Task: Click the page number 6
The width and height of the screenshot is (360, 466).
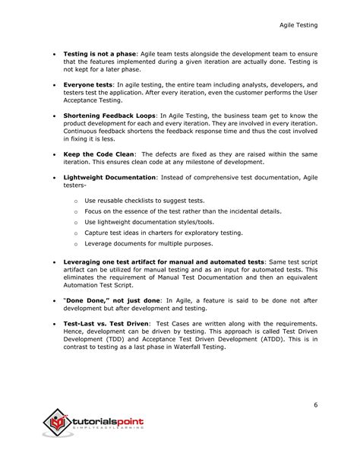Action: point(315,405)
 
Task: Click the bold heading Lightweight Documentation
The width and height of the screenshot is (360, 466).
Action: point(109,177)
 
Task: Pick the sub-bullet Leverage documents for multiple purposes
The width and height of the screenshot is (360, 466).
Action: point(148,243)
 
